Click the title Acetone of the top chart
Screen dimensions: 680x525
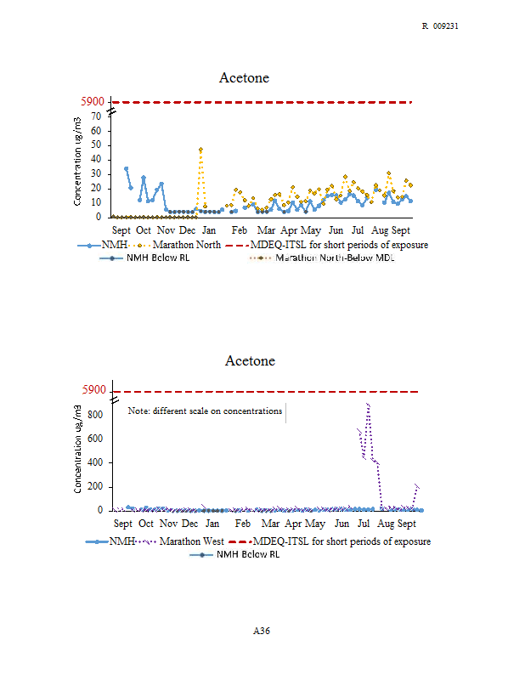[x=244, y=78]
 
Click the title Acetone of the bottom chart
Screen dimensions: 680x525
[x=250, y=361]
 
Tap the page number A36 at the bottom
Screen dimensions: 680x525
[x=262, y=631]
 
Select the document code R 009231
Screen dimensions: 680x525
[x=440, y=26]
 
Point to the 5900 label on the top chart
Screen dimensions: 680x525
[x=93, y=102]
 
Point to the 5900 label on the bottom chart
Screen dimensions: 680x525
[x=93, y=391]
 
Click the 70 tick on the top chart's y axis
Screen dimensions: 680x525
[x=97, y=116]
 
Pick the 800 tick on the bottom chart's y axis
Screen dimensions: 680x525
[x=94, y=415]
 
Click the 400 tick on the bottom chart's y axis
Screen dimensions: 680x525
[x=94, y=462]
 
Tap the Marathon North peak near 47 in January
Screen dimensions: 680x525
[x=200, y=150]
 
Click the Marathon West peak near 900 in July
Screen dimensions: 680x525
[x=368, y=405]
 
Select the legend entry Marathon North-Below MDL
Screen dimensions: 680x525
[x=336, y=258]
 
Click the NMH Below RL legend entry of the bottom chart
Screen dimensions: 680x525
[x=248, y=554]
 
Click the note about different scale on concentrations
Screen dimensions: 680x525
[x=205, y=411]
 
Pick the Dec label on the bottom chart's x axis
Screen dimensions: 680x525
[x=190, y=524]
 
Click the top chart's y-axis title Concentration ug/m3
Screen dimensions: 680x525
[x=77, y=161]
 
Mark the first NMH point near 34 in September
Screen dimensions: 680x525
[x=127, y=168]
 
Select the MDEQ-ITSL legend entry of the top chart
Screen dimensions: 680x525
[x=339, y=245]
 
